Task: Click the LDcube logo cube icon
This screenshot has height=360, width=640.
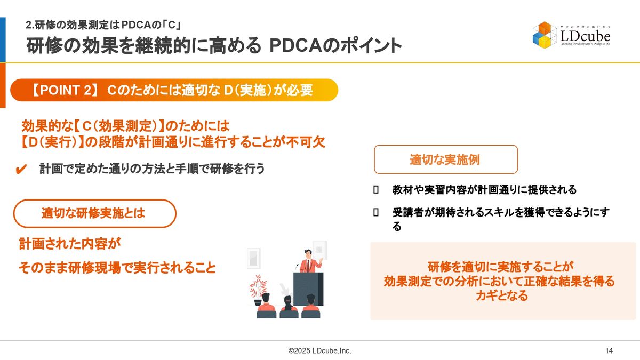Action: pos(544,35)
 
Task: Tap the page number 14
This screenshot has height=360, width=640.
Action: pos(609,350)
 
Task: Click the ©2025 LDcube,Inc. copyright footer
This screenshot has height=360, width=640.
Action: pos(319,350)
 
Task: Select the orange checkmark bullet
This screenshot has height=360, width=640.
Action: pos(21,169)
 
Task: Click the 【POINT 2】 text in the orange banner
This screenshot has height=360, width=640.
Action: pos(65,90)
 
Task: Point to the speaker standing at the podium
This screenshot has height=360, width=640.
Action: pos(309,261)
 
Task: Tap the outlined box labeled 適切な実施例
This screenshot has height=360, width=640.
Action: pos(446,159)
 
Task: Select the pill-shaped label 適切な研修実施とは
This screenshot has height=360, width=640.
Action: pos(94,213)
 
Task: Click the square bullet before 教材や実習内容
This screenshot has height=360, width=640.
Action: pos(376,189)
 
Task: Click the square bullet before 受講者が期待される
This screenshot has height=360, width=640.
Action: pos(376,212)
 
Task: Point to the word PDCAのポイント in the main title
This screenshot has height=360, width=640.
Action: pos(335,46)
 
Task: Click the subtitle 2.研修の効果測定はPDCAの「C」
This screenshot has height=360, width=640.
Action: pos(103,25)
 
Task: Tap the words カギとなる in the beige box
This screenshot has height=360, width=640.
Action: pos(502,295)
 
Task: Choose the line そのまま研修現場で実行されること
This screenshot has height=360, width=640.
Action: pos(117,268)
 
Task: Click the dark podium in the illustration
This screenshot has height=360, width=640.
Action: pos(308,289)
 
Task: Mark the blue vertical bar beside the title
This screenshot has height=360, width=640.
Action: pos(3,39)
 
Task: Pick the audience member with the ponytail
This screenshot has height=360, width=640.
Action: pos(288,307)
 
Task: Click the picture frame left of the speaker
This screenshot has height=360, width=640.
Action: pos(253,258)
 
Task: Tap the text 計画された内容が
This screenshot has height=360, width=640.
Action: pos(70,244)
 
